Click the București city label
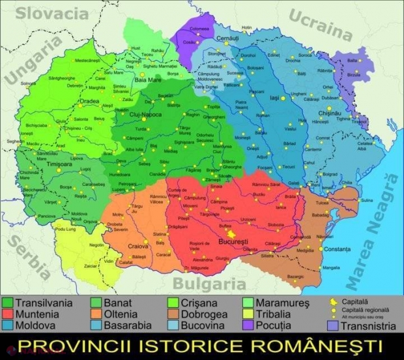(234, 242)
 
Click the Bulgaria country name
(205, 283)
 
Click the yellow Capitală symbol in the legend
(332, 302)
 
